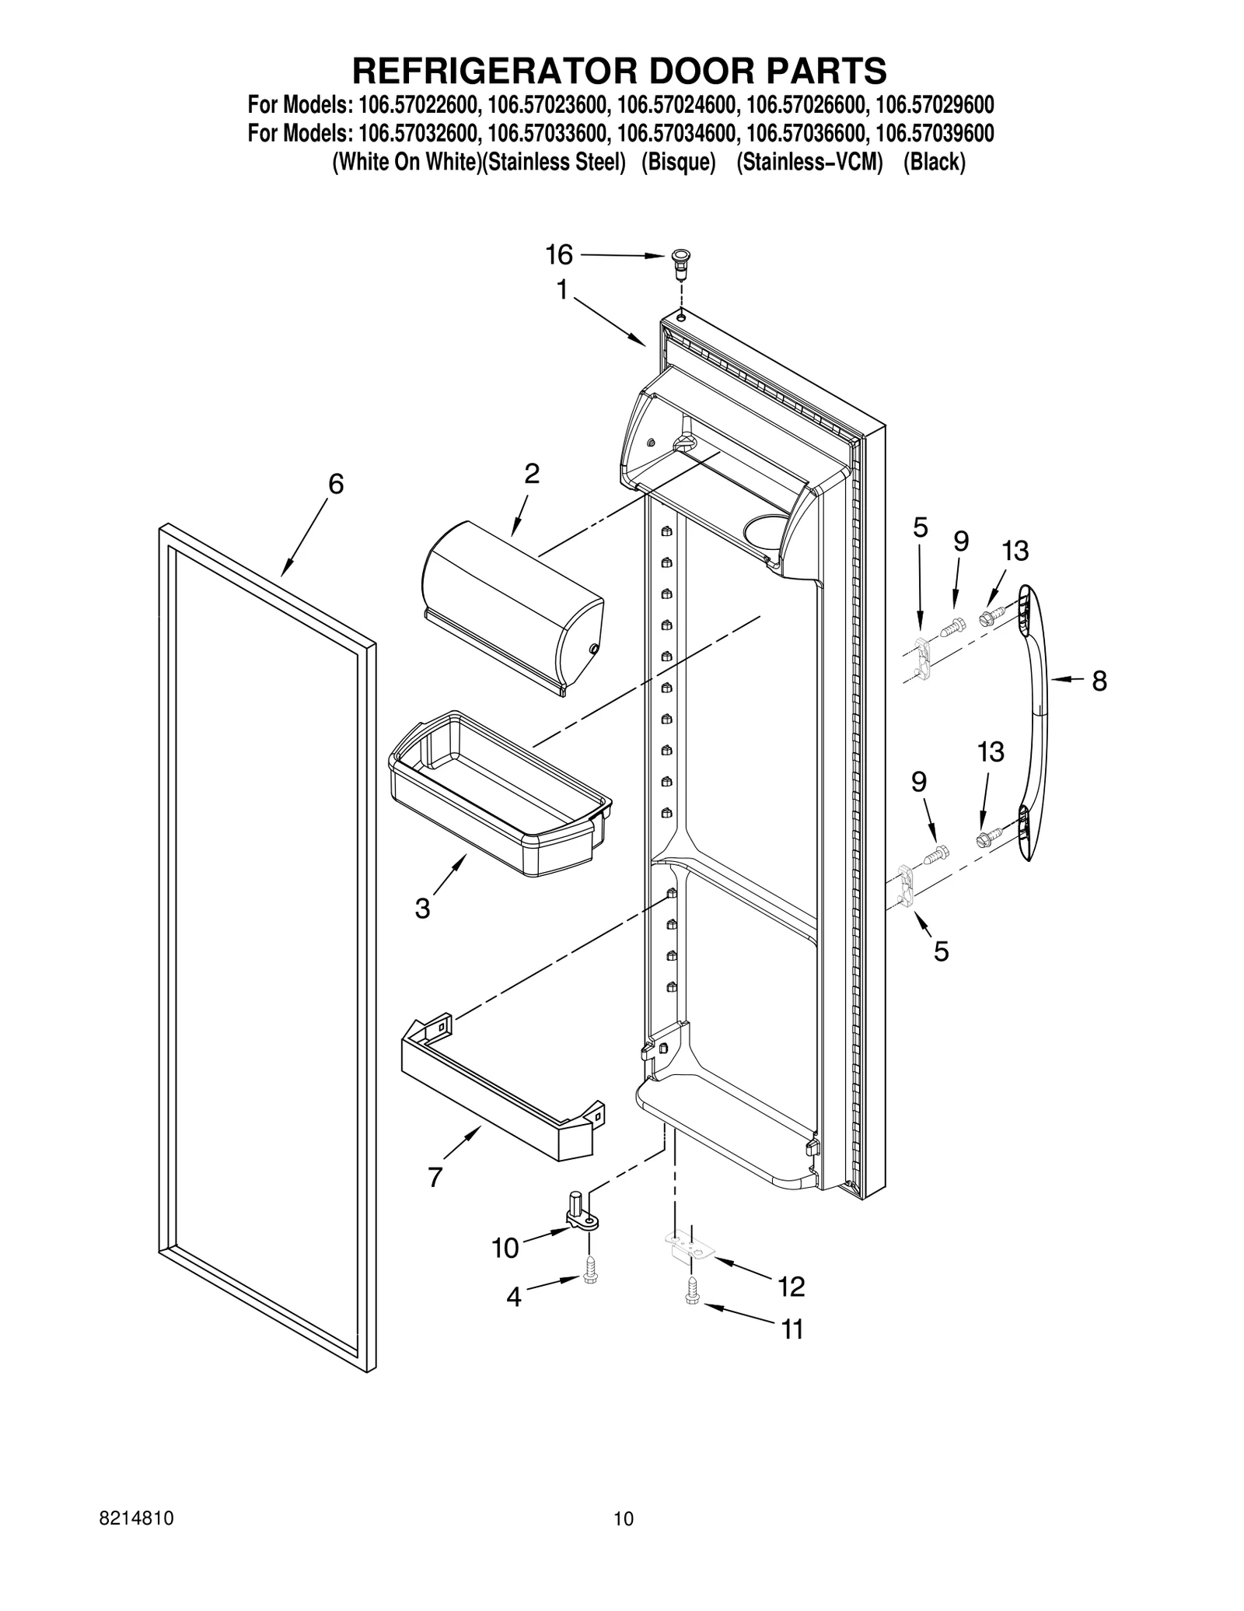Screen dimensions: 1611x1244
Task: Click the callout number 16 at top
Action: [558, 254]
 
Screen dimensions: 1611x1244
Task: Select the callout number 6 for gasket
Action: [335, 484]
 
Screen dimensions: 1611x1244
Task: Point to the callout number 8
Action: [1099, 681]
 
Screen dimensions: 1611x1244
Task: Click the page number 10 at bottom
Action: [623, 1539]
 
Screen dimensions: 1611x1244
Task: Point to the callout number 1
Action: [561, 290]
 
